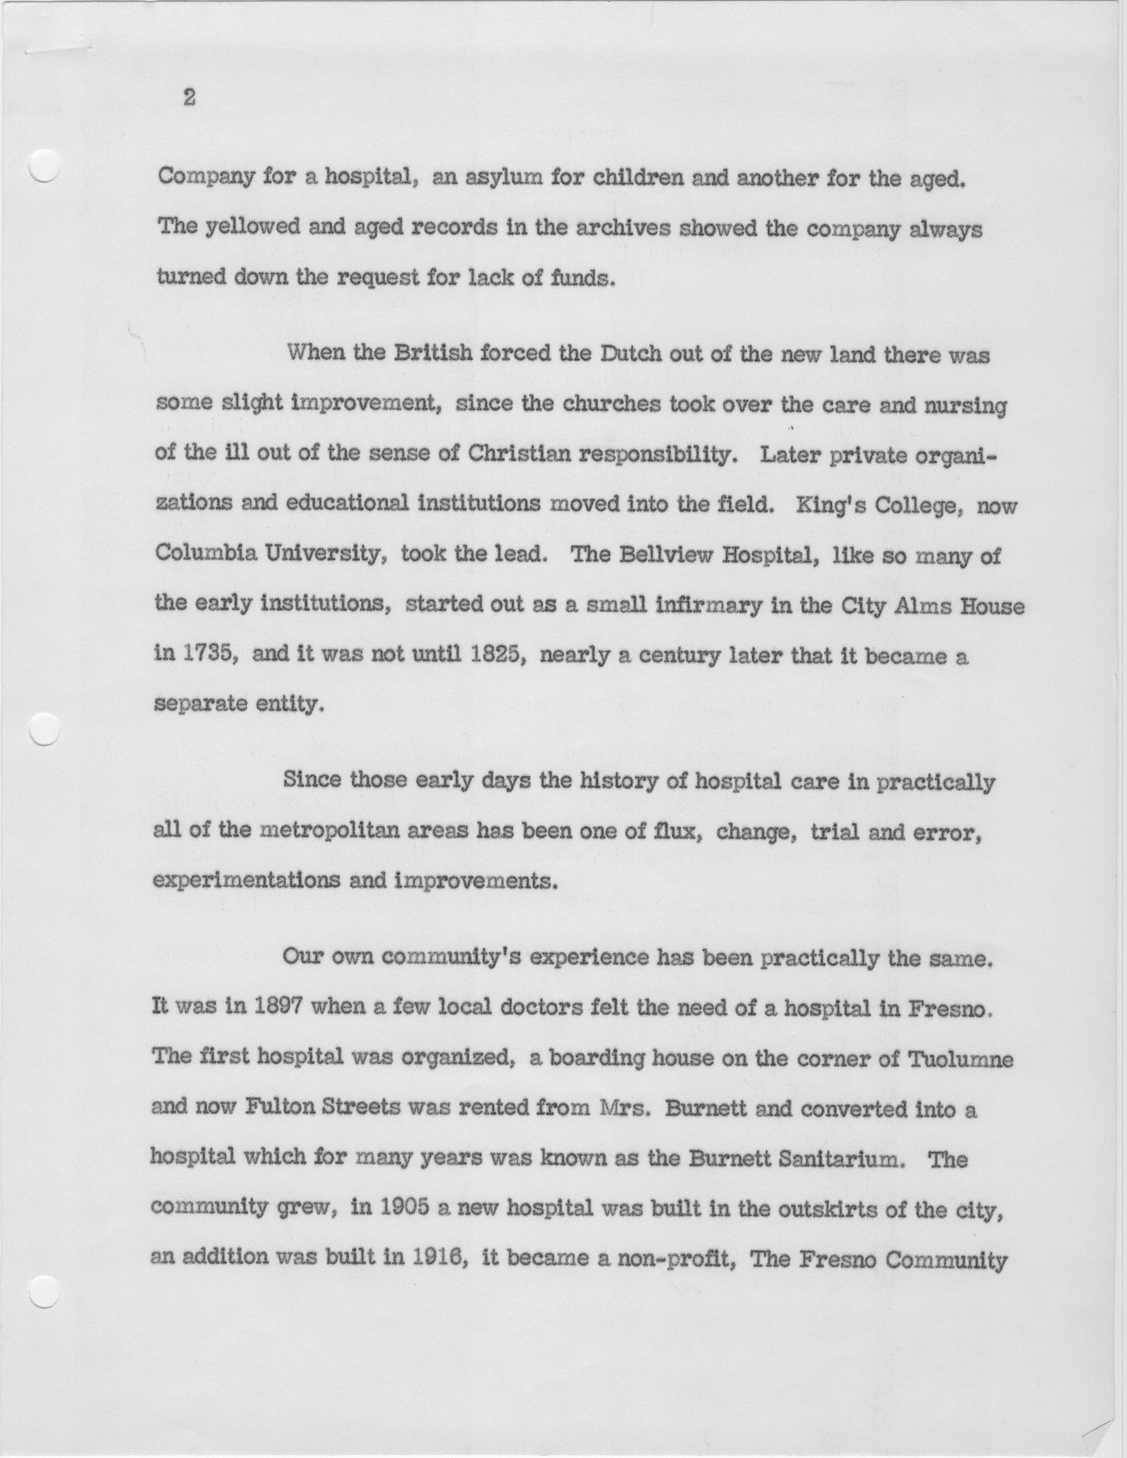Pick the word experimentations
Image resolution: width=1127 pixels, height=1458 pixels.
coord(246,881)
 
